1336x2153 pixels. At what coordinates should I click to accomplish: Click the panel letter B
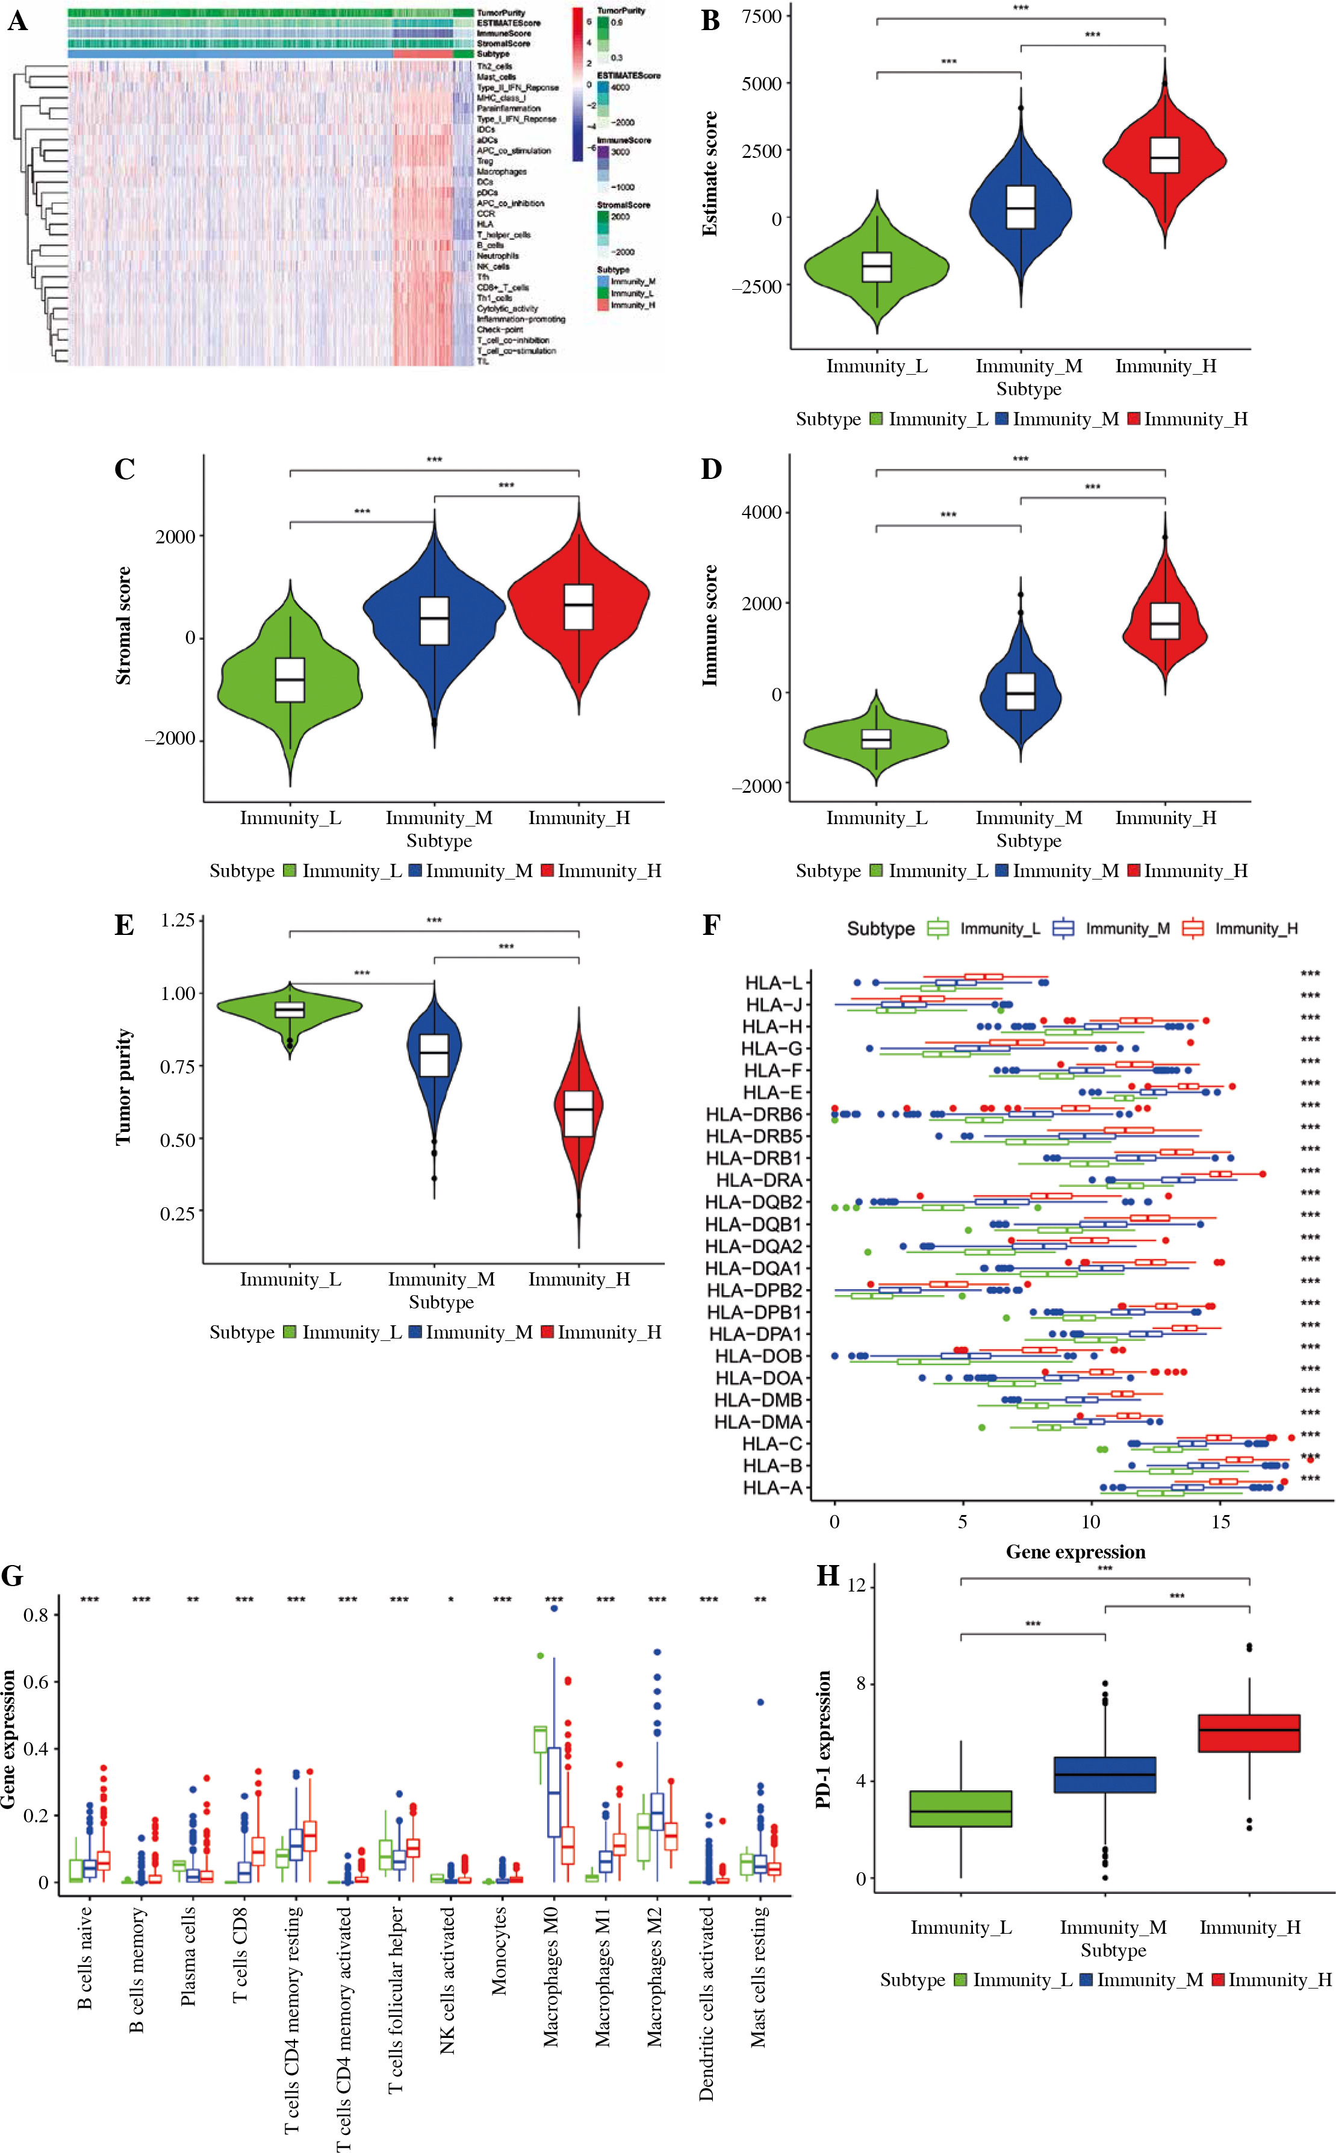[710, 21]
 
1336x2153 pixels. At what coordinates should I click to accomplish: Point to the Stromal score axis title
[123, 626]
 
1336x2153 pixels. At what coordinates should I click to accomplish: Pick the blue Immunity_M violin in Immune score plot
[1021, 694]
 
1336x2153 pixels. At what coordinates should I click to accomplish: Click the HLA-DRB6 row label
[754, 1114]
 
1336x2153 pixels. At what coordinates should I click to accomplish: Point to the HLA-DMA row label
[758, 1422]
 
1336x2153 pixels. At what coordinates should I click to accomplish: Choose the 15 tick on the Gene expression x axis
[1220, 1522]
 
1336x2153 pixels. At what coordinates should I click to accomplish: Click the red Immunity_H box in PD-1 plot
[1249, 1733]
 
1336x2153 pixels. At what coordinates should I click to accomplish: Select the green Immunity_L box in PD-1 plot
[960, 1808]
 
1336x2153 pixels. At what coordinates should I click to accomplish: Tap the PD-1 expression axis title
[824, 1739]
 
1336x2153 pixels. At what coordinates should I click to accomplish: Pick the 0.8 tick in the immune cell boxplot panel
[36, 1614]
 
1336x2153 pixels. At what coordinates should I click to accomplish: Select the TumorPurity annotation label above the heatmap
[501, 13]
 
